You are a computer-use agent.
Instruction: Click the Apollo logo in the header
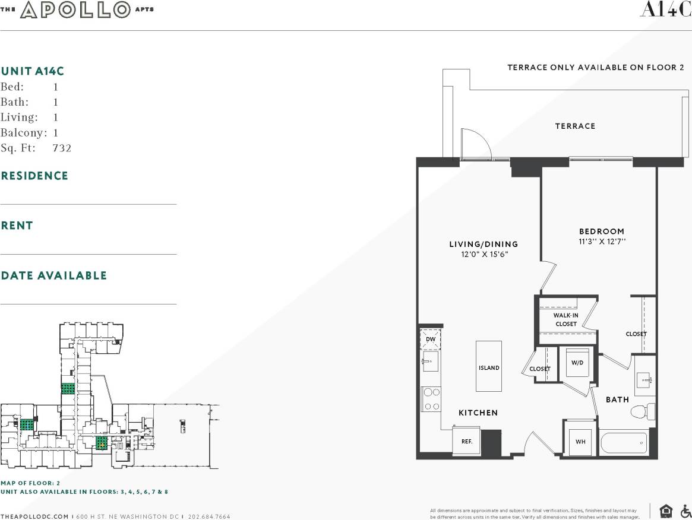[76, 9]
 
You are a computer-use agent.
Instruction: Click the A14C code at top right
[665, 10]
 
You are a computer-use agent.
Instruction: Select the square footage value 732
[62, 148]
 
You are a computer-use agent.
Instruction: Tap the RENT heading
[17, 226]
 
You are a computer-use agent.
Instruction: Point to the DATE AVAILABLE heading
[54, 275]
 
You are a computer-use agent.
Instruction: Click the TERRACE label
[575, 126]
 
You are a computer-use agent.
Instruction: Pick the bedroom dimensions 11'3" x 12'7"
[602, 242]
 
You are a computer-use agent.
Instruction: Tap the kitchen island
[489, 366]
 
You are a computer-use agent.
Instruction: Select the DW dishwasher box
[430, 339]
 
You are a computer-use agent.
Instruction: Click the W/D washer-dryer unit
[577, 362]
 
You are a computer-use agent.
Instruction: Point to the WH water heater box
[580, 441]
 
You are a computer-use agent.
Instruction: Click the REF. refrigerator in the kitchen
[466, 442]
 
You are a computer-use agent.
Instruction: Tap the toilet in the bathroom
[643, 411]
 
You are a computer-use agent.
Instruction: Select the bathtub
[624, 442]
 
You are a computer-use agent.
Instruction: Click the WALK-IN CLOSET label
[565, 320]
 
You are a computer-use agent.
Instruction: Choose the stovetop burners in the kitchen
[431, 399]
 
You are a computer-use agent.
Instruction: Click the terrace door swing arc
[477, 144]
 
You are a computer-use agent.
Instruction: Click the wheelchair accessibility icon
[685, 511]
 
